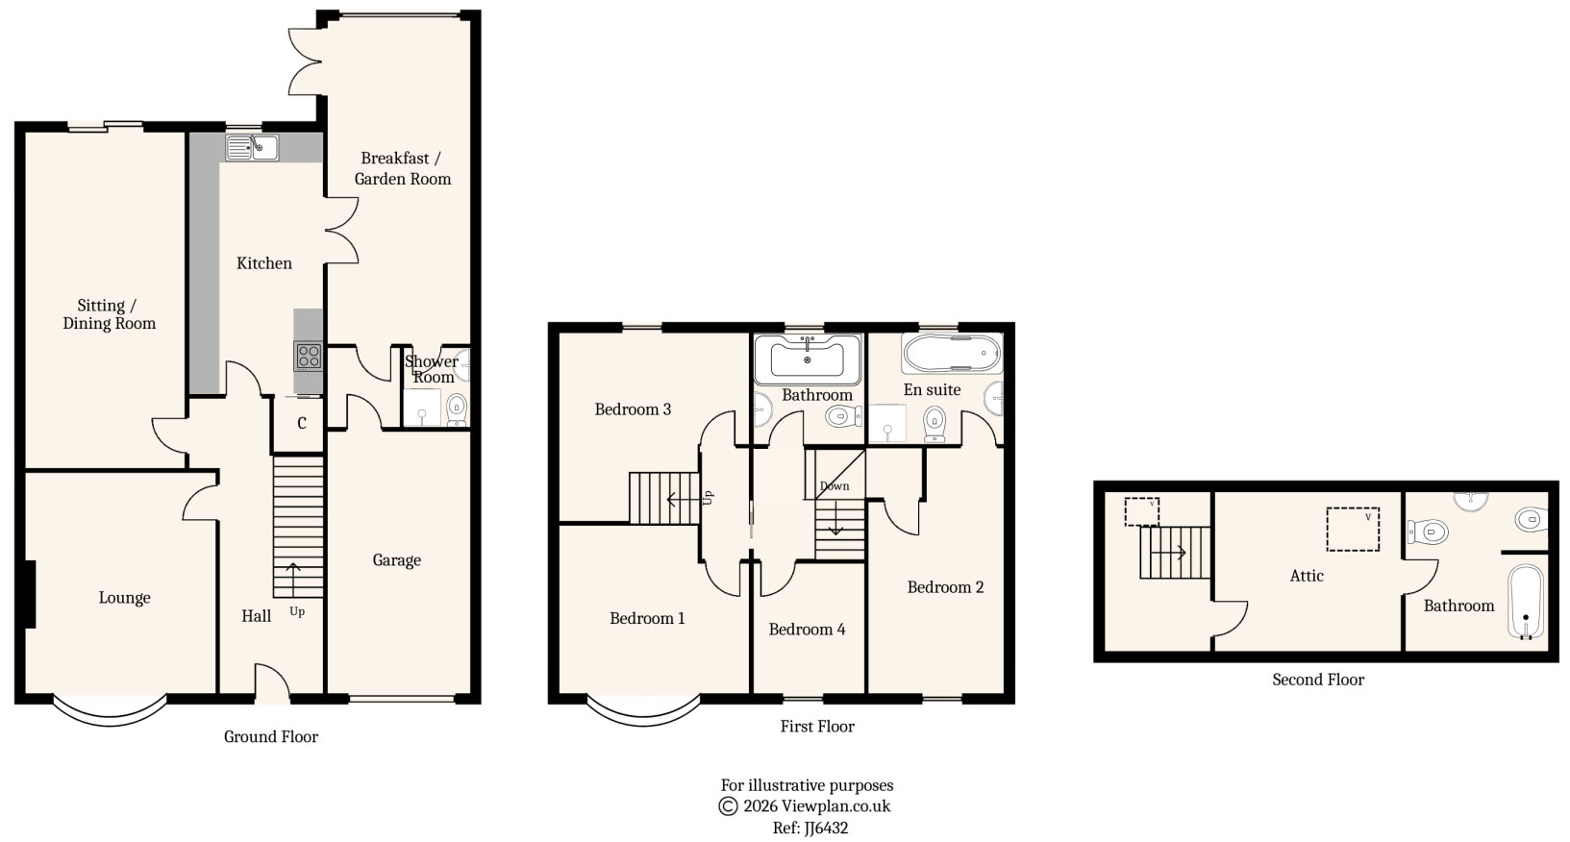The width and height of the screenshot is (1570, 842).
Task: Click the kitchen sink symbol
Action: coord(252,147)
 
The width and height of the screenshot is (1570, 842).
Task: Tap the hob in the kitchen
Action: coord(308,356)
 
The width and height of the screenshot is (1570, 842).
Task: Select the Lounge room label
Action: coord(124,598)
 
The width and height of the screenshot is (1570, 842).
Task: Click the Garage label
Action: coord(396,560)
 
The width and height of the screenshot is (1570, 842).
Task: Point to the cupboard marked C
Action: coord(301,423)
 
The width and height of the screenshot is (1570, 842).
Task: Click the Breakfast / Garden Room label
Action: coord(402,168)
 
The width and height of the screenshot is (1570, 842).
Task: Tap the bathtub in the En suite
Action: coord(951,354)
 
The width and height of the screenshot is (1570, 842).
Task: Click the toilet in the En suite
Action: coord(934,423)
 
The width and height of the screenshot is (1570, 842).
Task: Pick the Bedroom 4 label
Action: coord(807,630)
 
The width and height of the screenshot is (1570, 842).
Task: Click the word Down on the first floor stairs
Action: coord(834,486)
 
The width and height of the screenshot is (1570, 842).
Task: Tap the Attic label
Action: coord(1307,576)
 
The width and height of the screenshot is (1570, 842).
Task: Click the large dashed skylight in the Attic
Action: coord(1353,529)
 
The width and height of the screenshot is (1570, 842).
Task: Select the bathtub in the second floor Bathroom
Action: coord(1525,601)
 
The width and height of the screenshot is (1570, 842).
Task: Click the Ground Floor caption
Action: coord(270,737)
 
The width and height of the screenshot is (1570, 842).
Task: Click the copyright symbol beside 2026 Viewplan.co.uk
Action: coord(728,806)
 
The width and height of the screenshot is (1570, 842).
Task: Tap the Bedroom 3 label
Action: coord(633,409)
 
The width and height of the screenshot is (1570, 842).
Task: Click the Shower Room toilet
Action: coord(457,408)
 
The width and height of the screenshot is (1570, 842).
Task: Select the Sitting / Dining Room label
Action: coord(109,314)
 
